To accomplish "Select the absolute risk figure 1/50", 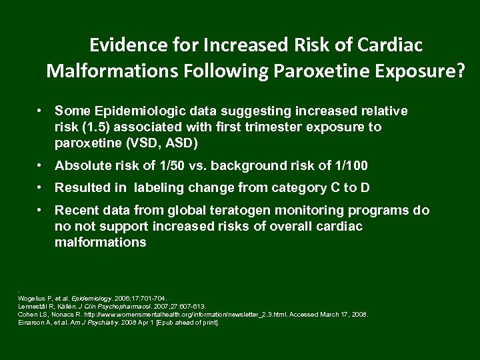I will (165, 166).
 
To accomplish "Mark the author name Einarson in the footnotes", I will (31, 322).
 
